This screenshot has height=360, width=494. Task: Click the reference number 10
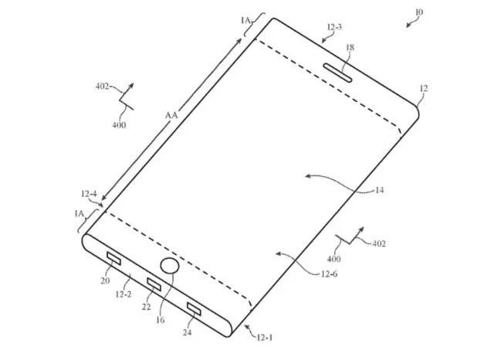coord(419,12)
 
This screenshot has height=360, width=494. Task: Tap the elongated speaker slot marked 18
coord(337,73)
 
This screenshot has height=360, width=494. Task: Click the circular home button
coord(170,266)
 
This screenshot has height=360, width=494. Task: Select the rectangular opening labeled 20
coord(113,259)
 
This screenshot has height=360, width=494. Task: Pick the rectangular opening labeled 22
coord(154,284)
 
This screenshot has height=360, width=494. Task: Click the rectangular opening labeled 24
coord(194,308)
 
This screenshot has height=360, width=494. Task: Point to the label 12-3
coord(334,27)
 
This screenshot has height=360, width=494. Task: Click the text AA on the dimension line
coord(171,115)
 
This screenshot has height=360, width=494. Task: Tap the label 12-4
coord(89,194)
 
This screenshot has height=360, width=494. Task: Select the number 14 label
coord(379,190)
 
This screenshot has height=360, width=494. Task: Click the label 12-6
coord(330,274)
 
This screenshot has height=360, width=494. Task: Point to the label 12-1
coord(265,338)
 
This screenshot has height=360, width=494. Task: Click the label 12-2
coord(123,294)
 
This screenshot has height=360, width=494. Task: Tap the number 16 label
coord(161,320)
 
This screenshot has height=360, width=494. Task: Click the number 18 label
coord(350,48)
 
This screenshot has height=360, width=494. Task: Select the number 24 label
coord(187,332)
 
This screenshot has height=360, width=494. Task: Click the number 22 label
coord(146,307)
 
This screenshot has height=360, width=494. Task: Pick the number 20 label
coord(105,280)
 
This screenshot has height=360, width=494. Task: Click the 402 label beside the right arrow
coord(379,243)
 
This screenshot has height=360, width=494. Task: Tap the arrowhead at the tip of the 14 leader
coord(307,176)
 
